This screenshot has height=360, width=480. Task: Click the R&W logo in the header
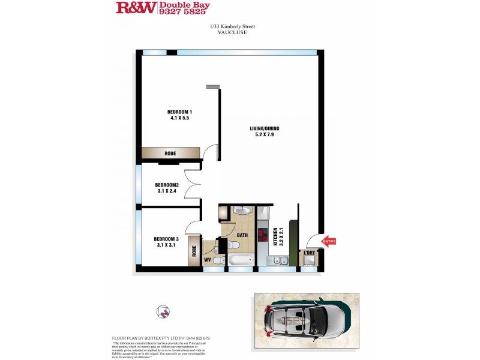pos(136,8)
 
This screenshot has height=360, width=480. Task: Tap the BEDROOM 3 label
pos(168,239)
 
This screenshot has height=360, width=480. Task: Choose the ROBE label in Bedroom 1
pos(170,154)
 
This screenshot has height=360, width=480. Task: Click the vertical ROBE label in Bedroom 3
pos(194,250)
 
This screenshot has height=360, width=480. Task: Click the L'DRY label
pos(309,253)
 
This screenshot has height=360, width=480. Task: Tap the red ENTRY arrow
pos(329,242)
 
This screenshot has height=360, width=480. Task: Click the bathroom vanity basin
pos(242,211)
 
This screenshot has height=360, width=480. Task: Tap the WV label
pos(208,260)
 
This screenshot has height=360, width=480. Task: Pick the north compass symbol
pos(162,312)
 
